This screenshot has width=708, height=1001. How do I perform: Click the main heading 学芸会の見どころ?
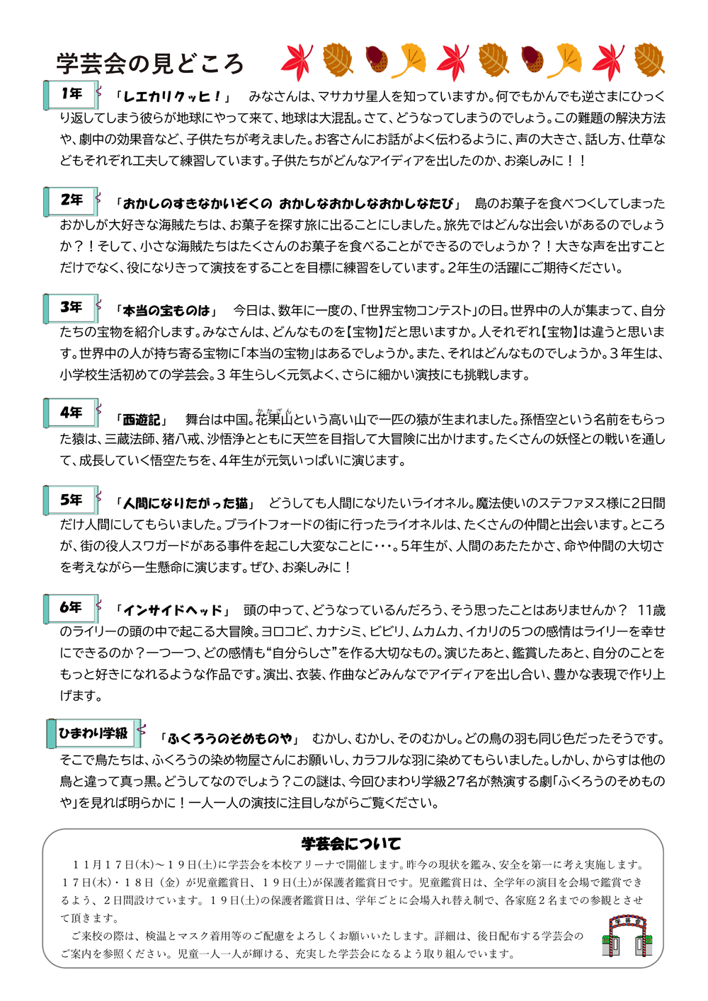[150, 64]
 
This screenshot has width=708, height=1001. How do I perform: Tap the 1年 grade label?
[72, 93]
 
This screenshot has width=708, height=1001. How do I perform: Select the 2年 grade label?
[72, 200]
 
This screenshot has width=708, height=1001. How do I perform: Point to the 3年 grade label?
[72, 307]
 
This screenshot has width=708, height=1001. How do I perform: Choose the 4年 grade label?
[72, 413]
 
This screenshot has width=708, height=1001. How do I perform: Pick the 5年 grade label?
[72, 500]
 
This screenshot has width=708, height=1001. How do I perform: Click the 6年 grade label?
[72, 607]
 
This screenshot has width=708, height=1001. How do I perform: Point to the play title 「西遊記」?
[141, 420]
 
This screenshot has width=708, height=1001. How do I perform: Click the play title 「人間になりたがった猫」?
[186, 504]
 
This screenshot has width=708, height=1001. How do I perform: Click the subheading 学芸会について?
[351, 844]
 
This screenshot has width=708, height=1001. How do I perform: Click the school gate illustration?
[627, 935]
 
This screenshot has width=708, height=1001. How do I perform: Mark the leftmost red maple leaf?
[297, 62]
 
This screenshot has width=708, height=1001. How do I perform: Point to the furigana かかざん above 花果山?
[274, 411]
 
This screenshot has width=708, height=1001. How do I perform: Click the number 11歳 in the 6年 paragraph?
[651, 610]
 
